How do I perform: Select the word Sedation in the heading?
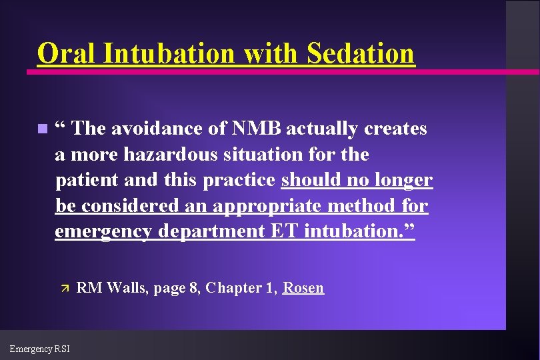(x=361, y=53)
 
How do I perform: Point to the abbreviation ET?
(x=285, y=231)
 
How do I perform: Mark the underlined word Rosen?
(x=303, y=288)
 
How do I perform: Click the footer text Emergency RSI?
(x=39, y=348)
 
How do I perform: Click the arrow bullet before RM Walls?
(x=65, y=289)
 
